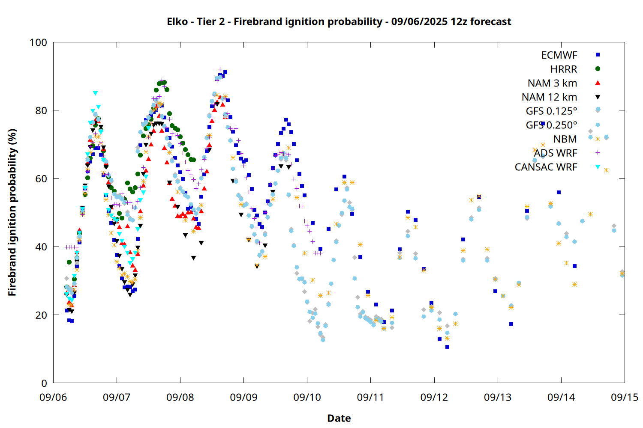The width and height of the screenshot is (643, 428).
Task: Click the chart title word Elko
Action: [177, 21]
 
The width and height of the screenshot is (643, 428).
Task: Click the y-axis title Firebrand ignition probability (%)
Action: [12, 212]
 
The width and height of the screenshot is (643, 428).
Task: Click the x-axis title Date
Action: [339, 418]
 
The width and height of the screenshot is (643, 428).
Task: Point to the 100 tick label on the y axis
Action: [39, 42]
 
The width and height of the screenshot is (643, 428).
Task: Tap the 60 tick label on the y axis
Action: [41, 178]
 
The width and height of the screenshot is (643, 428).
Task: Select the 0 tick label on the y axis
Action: [44, 383]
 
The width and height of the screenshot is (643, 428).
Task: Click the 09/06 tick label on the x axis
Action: [54, 397]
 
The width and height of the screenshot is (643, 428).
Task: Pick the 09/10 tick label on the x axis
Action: [307, 397]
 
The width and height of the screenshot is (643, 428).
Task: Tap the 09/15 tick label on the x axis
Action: [625, 397]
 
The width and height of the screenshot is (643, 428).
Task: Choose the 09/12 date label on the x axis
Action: [434, 397]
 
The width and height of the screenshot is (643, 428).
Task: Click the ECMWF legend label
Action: [559, 55]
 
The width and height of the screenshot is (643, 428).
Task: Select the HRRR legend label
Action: [564, 69]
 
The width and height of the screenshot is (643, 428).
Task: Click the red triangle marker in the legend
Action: [598, 83]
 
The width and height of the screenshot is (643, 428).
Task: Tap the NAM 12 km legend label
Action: [550, 97]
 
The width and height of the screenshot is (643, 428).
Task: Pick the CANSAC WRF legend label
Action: [546, 167]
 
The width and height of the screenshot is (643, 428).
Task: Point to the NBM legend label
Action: [565, 139]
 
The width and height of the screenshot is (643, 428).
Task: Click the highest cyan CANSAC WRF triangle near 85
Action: [95, 93]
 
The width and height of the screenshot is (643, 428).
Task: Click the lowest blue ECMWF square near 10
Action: [447, 347]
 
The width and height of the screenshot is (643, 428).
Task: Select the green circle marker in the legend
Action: [598, 69]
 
